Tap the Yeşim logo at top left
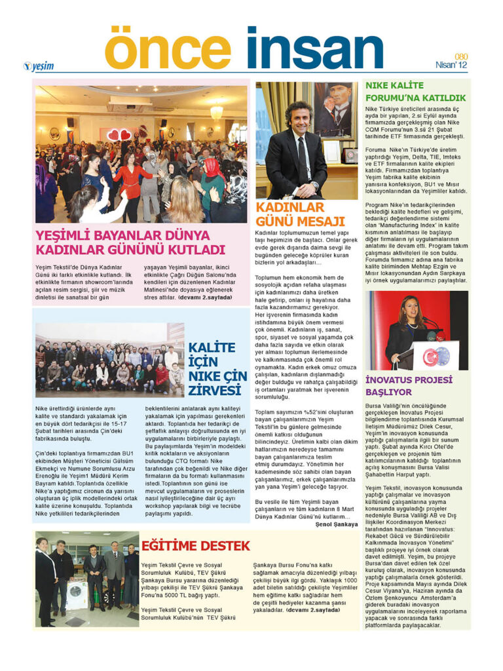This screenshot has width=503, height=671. click(39, 66)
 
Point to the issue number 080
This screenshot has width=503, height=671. click(461, 56)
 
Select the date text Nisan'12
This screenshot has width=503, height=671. click(452, 65)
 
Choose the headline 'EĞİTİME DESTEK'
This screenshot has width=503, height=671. click(196, 545)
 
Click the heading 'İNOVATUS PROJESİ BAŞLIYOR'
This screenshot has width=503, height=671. click(409, 385)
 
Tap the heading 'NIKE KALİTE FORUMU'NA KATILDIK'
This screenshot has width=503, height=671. click(415, 91)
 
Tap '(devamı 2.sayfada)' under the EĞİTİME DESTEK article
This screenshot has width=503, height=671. click(314, 609)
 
